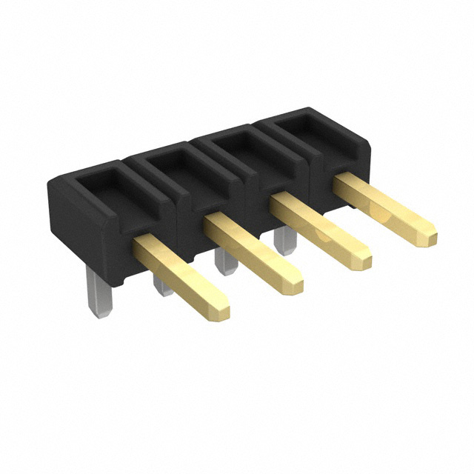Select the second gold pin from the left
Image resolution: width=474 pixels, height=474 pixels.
[x=252, y=252]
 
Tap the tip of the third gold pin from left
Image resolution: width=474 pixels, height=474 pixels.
[x=361, y=258]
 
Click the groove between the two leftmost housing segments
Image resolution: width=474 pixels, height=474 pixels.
[x=178, y=215]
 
